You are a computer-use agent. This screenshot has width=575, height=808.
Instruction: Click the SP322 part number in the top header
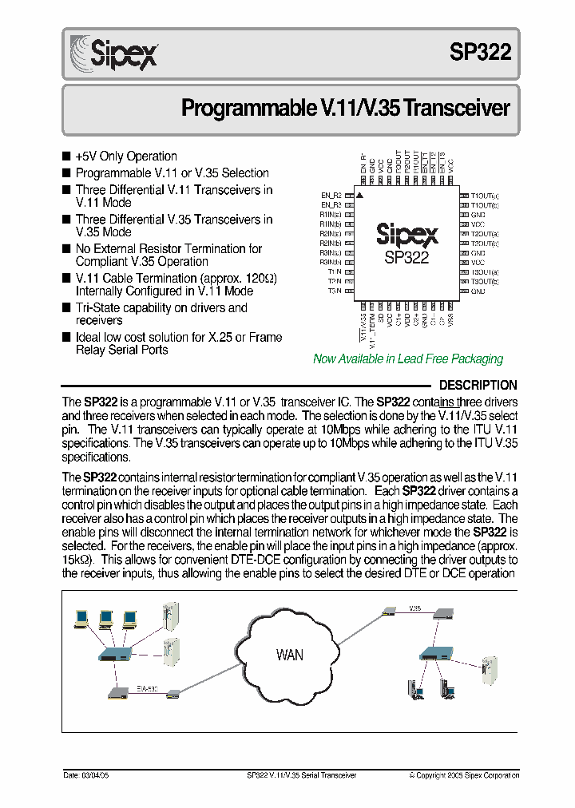[x=480, y=52]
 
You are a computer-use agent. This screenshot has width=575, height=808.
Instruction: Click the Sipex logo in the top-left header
[x=114, y=53]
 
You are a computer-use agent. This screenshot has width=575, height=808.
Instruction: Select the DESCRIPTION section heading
[x=478, y=385]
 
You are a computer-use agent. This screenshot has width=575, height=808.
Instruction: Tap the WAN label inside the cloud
[x=289, y=656]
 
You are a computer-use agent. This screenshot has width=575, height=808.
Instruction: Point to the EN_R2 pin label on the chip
[x=331, y=195]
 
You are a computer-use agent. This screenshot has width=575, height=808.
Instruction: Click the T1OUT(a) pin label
[x=485, y=195]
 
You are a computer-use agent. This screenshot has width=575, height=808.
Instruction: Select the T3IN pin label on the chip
[x=334, y=291]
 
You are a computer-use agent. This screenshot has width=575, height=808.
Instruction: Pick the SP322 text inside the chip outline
[x=406, y=258]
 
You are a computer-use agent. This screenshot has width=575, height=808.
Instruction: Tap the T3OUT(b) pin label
[x=485, y=282]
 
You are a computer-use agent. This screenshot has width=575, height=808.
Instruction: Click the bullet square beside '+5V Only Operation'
[x=66, y=156]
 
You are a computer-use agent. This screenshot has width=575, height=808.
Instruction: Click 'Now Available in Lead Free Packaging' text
[x=408, y=359]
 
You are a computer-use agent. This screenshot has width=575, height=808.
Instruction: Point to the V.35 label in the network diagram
[x=414, y=608]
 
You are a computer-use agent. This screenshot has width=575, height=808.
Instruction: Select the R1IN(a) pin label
[x=331, y=214]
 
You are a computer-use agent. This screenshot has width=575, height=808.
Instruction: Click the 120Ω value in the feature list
[x=260, y=278]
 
